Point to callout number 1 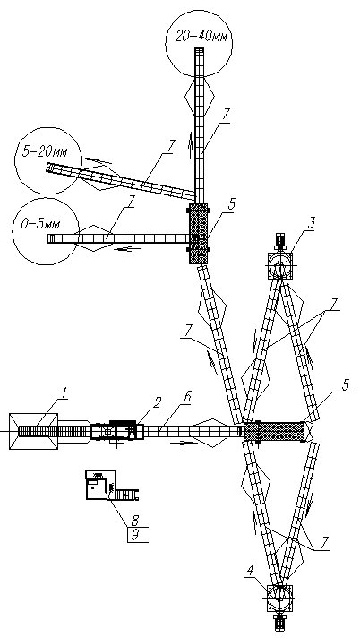(x=63, y=393)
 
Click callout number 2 (x=157, y=402)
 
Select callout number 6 (x=187, y=397)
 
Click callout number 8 (x=134, y=520)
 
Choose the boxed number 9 (x=134, y=534)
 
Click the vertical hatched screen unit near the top (x=199, y=234)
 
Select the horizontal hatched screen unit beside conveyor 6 (x=274, y=431)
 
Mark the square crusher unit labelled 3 (x=280, y=266)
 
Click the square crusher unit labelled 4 (x=280, y=598)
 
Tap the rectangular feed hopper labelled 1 (x=33, y=431)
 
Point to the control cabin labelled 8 (x=100, y=485)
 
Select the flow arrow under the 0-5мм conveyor (x=124, y=249)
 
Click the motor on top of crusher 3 (x=280, y=242)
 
